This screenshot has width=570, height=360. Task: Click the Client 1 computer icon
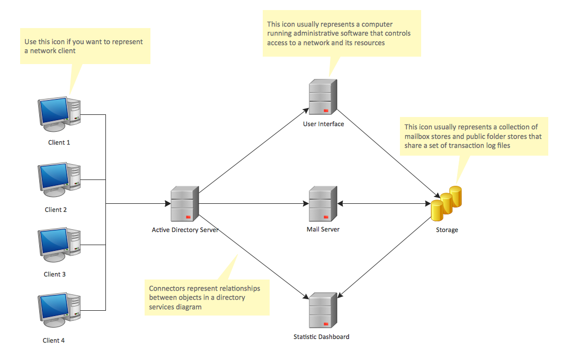59,114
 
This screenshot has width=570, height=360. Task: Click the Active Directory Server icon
185,204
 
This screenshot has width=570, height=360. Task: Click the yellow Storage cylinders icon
446,204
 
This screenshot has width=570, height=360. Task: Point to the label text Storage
447,230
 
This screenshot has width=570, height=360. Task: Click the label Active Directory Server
185,230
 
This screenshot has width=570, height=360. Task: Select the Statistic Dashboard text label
322,337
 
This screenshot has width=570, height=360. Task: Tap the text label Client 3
55,274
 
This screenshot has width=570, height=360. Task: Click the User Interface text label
323,124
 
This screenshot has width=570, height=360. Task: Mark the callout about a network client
85,47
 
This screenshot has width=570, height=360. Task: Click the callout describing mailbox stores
473,136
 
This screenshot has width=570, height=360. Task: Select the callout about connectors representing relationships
207,297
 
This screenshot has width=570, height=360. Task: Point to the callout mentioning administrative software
342,33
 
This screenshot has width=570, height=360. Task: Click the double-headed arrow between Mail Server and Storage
384,204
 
